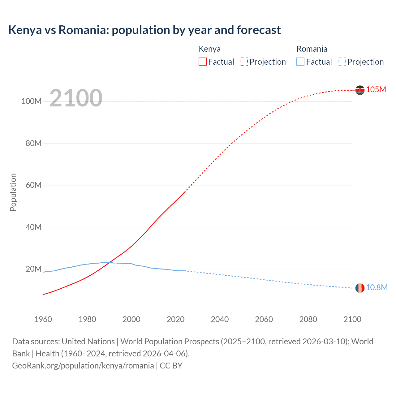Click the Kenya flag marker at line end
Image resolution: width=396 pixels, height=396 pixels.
click(x=360, y=90)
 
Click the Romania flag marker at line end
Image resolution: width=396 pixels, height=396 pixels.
click(x=360, y=288)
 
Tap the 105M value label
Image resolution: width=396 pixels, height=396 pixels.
click(x=376, y=89)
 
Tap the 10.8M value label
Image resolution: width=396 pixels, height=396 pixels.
click(x=377, y=287)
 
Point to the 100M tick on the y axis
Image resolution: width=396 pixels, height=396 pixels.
click(x=31, y=101)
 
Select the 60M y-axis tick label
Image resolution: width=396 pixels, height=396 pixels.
click(x=33, y=185)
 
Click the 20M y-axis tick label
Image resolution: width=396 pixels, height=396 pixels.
click(x=33, y=269)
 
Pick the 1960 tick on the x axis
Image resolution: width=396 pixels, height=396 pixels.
click(x=43, y=319)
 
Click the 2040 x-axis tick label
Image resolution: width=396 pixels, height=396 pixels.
click(x=220, y=319)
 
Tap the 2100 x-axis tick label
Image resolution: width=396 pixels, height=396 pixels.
click(x=352, y=319)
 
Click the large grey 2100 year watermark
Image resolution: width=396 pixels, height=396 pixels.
click(x=76, y=98)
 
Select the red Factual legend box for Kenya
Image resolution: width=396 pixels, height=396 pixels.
click(x=202, y=62)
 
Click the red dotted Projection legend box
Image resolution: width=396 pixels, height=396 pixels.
click(x=244, y=62)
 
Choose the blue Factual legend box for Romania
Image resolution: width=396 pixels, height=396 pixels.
click(x=300, y=62)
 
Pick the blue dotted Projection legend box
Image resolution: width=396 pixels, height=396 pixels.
click(x=342, y=62)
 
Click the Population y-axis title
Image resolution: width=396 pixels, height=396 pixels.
click(x=13, y=192)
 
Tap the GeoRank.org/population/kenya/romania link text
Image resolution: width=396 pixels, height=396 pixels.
click(x=83, y=366)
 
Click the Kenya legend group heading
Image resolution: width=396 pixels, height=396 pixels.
click(x=209, y=49)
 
